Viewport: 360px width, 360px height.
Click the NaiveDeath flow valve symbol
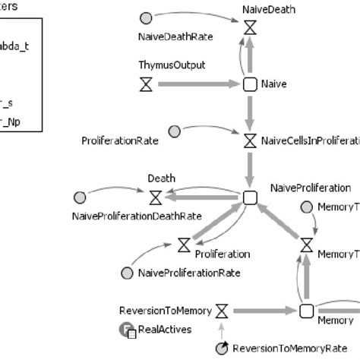(x=250, y=27)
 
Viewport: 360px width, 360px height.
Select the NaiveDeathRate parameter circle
(x=147, y=17)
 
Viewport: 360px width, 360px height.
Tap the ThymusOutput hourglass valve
(x=147, y=84)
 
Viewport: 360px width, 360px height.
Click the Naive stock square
(x=250, y=84)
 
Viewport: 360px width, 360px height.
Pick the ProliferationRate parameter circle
(x=174, y=132)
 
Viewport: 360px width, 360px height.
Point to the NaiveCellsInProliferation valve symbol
(x=250, y=141)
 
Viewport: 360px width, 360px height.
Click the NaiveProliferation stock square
(x=250, y=198)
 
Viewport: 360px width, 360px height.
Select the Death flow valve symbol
(x=156, y=198)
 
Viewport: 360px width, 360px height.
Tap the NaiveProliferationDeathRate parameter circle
(x=80, y=198)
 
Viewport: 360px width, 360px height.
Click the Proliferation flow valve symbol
(x=184, y=245)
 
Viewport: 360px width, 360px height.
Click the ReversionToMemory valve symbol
(x=222, y=311)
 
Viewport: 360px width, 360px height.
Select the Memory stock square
(x=306, y=311)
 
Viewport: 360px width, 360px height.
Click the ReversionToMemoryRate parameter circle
(x=222, y=348)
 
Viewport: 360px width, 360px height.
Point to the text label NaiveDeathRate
(x=175, y=36)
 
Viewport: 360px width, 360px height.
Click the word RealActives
(x=166, y=330)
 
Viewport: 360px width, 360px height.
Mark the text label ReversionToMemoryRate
(x=286, y=348)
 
